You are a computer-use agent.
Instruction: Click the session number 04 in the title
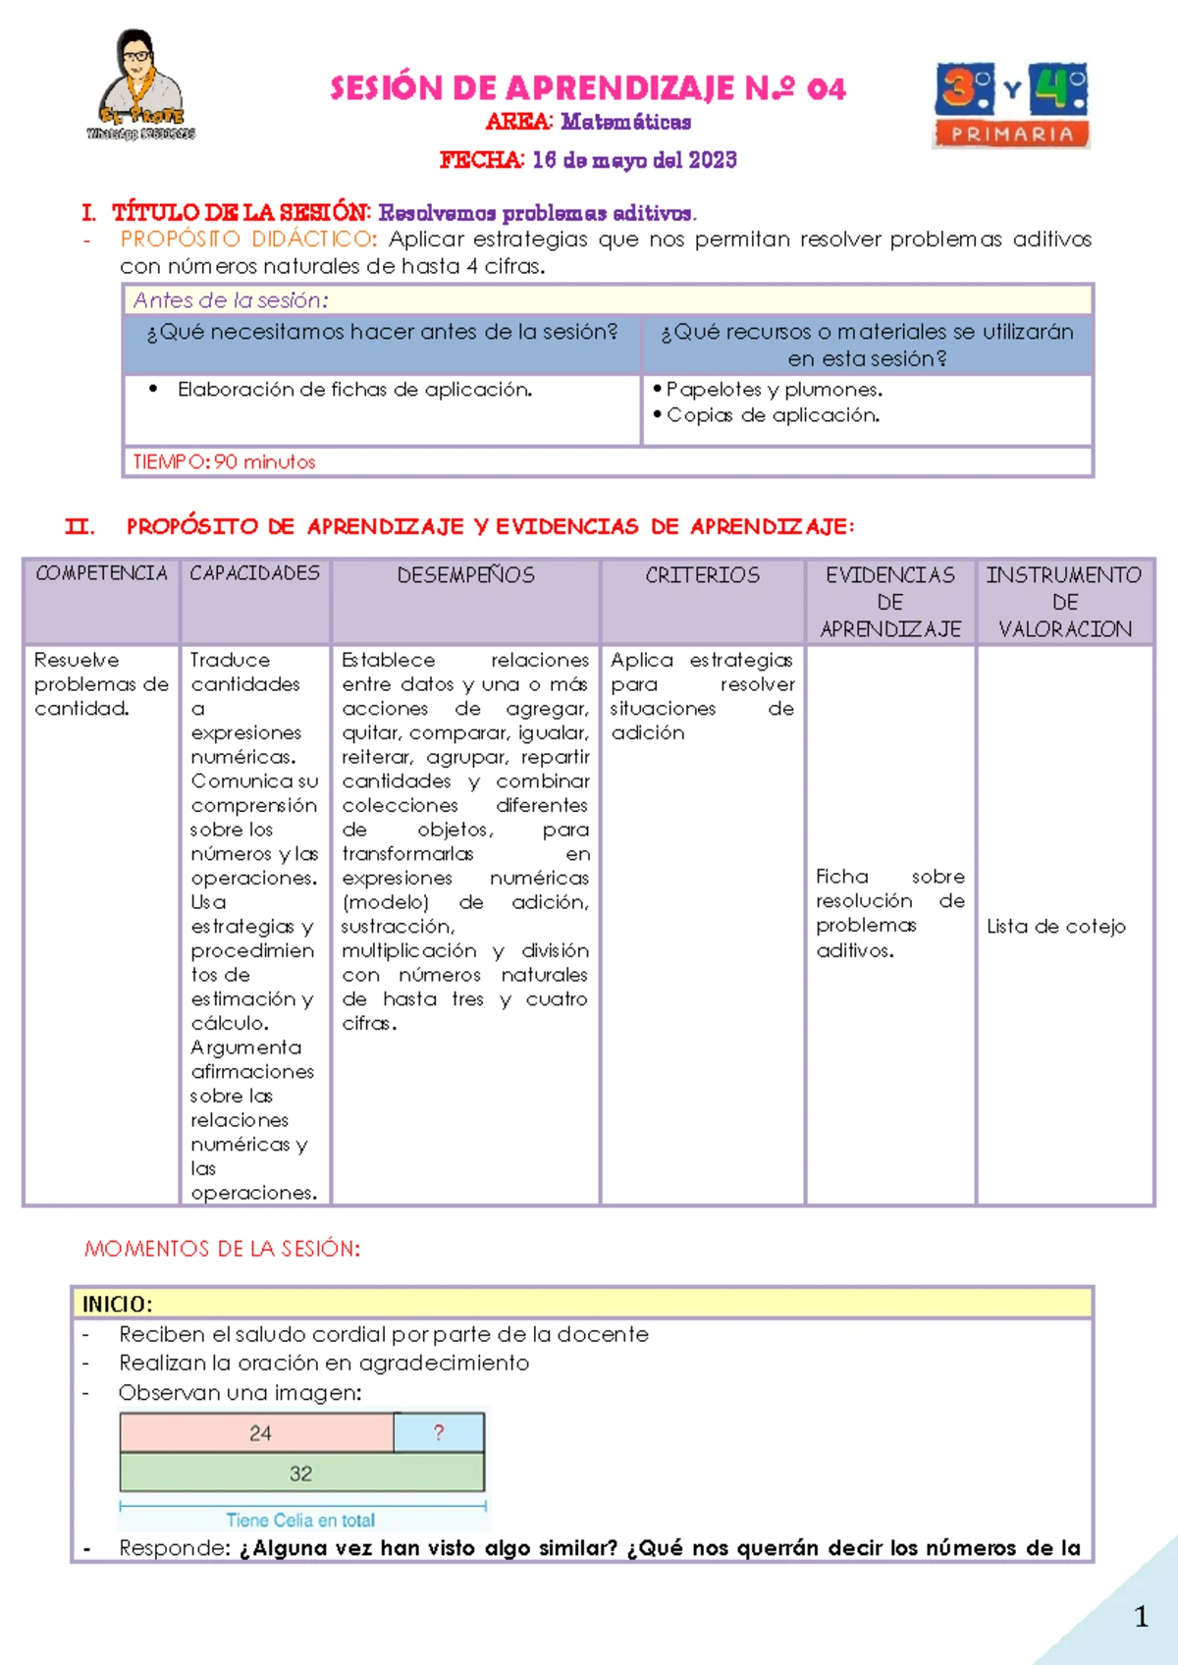click(826, 89)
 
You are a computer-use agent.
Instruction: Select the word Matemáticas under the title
click(626, 122)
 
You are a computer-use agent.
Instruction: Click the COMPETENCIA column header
click(101, 573)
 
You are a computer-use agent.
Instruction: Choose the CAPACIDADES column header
click(255, 573)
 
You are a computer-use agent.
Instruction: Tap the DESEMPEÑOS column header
click(465, 575)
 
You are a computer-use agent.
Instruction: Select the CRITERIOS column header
click(702, 575)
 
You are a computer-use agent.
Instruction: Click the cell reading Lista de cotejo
click(1056, 926)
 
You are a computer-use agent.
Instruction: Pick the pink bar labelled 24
click(258, 1433)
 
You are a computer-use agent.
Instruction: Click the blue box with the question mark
click(439, 1433)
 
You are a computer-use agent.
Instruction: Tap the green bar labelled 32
click(301, 1474)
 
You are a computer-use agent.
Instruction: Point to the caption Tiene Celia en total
click(300, 1520)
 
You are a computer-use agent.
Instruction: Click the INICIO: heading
click(117, 1304)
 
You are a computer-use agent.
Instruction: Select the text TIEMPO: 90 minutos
click(224, 461)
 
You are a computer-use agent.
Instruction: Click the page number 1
click(1141, 1617)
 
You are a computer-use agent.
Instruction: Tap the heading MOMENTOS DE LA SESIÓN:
click(222, 1249)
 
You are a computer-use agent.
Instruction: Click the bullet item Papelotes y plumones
click(774, 390)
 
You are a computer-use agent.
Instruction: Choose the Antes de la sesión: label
click(231, 300)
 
